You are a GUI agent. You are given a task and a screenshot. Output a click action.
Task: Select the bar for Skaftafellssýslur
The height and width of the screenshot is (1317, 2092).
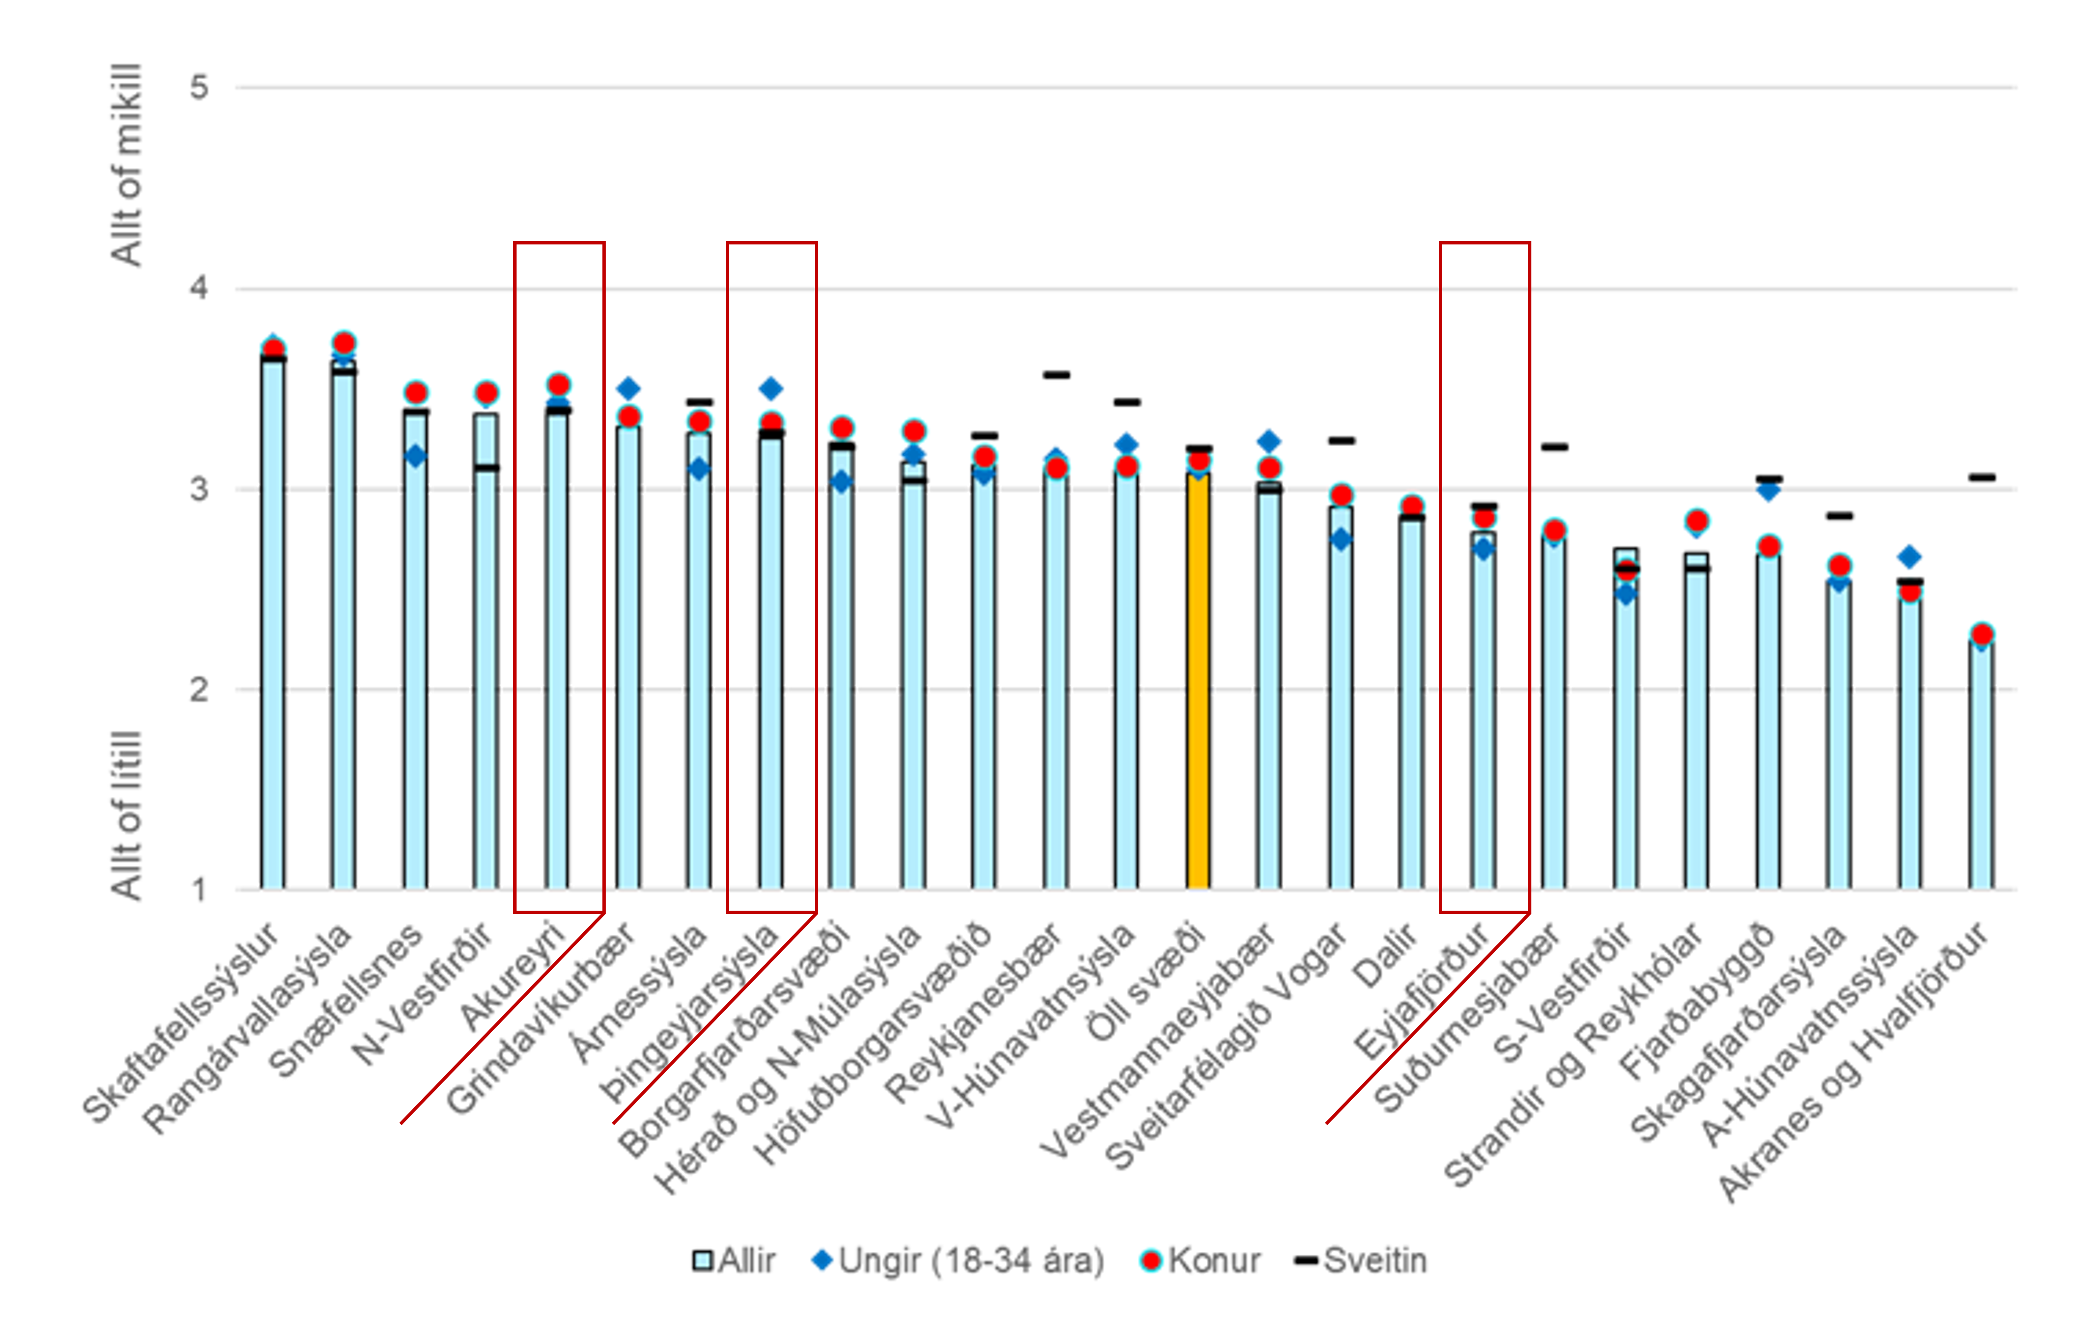coord(273,625)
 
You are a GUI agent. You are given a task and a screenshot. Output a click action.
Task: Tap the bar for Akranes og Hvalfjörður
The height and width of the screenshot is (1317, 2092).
coord(1981,764)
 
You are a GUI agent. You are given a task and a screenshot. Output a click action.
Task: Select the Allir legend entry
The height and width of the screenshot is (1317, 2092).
coord(734,1261)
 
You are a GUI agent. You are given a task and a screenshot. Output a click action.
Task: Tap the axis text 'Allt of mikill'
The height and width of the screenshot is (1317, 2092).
coord(127,165)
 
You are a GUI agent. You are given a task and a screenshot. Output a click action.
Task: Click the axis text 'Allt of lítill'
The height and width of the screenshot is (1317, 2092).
coord(127,815)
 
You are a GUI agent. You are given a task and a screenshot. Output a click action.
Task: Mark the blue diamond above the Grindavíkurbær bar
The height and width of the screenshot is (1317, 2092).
coord(628,388)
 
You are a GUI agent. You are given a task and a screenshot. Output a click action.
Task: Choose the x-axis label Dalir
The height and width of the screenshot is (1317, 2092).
coord(1384,956)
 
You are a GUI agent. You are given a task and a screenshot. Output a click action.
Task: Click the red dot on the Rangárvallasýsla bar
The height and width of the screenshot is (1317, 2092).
coord(344,343)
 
